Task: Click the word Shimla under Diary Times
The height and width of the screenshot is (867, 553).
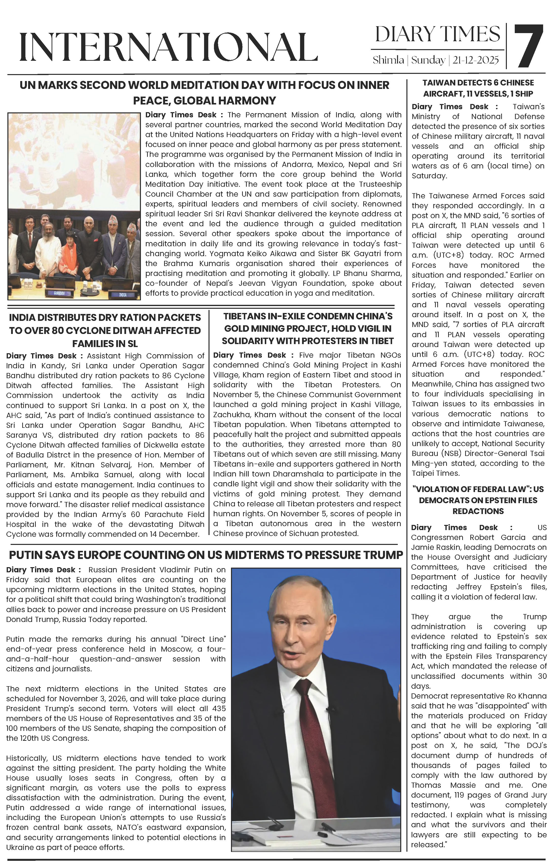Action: tap(388, 60)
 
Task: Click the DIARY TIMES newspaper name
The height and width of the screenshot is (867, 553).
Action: tap(438, 35)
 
